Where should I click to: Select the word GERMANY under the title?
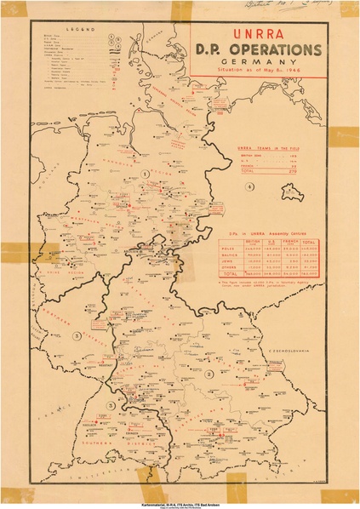[258, 63]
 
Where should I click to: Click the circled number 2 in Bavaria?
[209, 373]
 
